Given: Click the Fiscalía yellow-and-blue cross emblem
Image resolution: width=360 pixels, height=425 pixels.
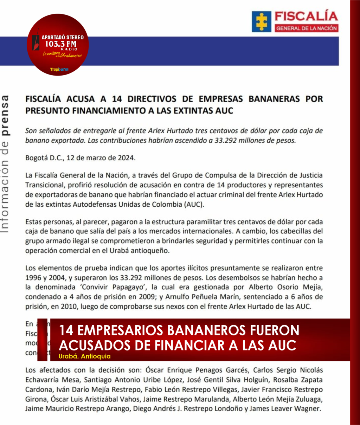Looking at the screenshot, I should pyautogui.click(x=261, y=22).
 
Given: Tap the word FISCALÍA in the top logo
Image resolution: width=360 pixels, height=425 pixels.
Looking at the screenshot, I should pyautogui.click(x=306, y=16).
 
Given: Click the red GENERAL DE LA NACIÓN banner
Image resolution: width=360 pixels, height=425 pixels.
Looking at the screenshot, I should pyautogui.click(x=306, y=28).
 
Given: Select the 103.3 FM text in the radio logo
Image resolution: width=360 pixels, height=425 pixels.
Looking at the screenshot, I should pyautogui.click(x=60, y=44).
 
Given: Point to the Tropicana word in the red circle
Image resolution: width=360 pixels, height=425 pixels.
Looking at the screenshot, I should pyautogui.click(x=59, y=69).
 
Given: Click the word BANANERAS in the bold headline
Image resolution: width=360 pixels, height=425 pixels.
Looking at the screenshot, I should pyautogui.click(x=275, y=99).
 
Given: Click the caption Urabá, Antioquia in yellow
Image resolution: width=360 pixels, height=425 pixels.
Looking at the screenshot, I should pyautogui.click(x=85, y=356).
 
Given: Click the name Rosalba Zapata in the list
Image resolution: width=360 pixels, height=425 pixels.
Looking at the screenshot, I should pyautogui.click(x=300, y=380).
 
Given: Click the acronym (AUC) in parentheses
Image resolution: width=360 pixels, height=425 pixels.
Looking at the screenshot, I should pyautogui.click(x=194, y=204).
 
